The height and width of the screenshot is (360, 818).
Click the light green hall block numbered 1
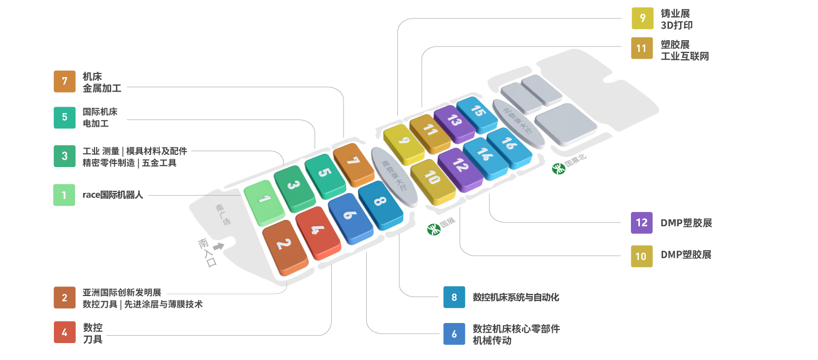coord(264,202)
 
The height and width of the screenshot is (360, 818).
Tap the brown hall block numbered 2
coord(285,247)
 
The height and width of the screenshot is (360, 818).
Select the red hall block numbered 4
coord(318,233)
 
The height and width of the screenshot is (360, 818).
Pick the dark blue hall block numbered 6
coord(350,218)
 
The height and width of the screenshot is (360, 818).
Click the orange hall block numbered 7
coord(354,164)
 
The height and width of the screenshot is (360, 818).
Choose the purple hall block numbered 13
coord(454,124)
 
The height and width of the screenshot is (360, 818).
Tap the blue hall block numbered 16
coord(509,147)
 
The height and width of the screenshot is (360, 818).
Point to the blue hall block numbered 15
coord(477,114)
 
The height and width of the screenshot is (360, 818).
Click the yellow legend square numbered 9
coord(643,19)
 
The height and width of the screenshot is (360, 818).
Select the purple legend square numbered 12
coord(642,223)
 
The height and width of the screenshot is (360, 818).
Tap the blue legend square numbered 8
coord(454,297)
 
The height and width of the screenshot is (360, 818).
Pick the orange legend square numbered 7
coord(64,81)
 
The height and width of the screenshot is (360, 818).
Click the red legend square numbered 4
coord(64,332)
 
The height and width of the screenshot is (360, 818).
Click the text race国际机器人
coord(113,195)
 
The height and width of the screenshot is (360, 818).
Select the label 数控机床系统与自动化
coord(516,297)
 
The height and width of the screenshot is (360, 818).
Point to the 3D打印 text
coord(677,25)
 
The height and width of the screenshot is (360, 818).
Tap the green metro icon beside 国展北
coord(559,169)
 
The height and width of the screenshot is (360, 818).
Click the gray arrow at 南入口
coord(219,246)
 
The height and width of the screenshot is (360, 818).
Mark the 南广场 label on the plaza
coord(222,215)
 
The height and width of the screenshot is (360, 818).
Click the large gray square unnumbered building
coord(565,124)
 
